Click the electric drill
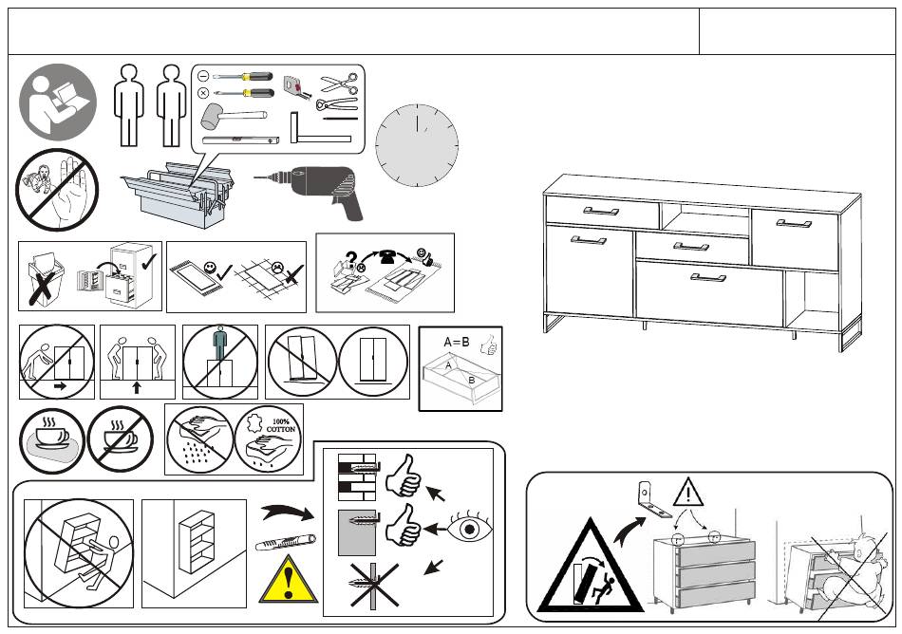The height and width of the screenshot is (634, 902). [318, 186]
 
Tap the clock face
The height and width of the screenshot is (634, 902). [417, 147]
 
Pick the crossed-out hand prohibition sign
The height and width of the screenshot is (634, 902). [57, 191]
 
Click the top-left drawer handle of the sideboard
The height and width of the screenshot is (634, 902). [600, 211]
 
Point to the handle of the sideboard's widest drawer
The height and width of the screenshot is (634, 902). [707, 277]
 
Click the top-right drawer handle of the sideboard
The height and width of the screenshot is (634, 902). [793, 224]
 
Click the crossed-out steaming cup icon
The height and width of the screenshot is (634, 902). [121, 439]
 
